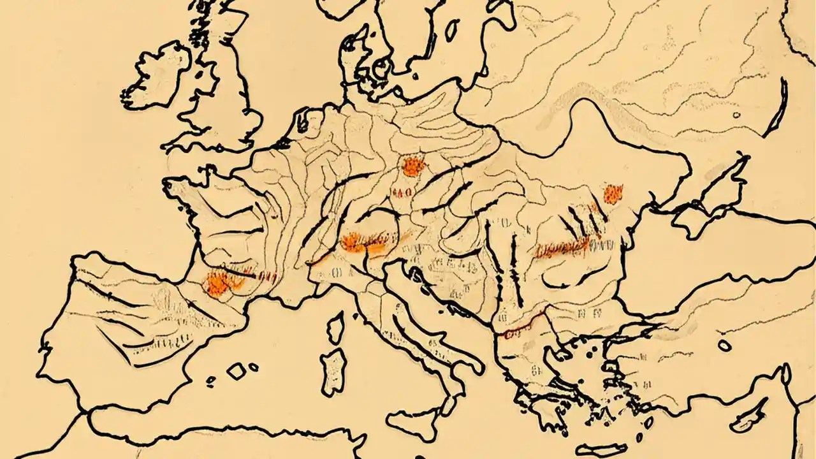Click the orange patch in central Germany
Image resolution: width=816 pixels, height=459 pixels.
413,166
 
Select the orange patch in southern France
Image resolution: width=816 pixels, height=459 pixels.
217,283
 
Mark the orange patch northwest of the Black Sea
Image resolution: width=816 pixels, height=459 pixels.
613,193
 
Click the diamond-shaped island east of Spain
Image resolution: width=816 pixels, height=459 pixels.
237,372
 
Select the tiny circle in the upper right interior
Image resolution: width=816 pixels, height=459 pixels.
736,115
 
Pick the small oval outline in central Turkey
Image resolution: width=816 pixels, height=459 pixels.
724,345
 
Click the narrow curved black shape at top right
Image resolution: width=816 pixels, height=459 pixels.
777,108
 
